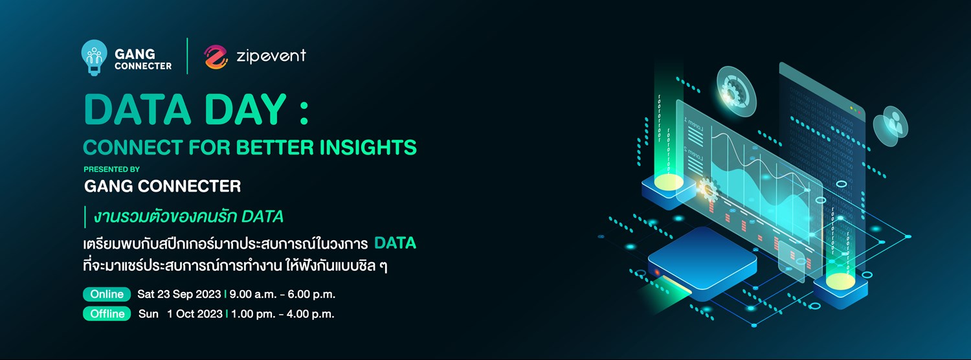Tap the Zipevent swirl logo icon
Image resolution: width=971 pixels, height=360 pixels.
pyautogui.click(x=216, y=57)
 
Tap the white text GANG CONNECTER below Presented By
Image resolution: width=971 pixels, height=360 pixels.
pyautogui.click(x=162, y=187)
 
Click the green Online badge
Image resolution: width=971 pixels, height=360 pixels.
pyautogui.click(x=107, y=295)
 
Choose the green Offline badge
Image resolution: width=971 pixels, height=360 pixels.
pyautogui.click(x=107, y=314)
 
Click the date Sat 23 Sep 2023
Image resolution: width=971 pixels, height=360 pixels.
pyautogui.click(x=179, y=295)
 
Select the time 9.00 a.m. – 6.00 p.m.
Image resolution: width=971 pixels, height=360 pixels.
pyautogui.click(x=282, y=295)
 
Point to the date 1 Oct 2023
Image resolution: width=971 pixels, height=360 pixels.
pyautogui.click(x=194, y=314)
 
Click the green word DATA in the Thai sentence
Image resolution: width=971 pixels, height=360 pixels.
pyautogui.click(x=395, y=244)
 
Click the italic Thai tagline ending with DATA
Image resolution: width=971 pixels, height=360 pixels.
pyautogui.click(x=188, y=216)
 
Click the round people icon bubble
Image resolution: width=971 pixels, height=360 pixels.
pyautogui.click(x=891, y=125)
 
